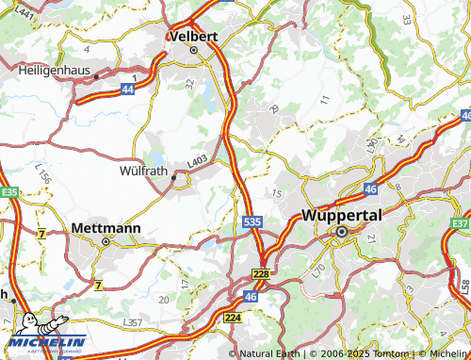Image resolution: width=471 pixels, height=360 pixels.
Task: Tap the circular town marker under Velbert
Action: pyautogui.click(x=194, y=51)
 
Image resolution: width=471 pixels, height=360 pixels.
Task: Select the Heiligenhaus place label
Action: pyautogui.click(x=58, y=69)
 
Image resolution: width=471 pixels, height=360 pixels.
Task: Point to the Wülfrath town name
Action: pyautogui.click(x=148, y=172)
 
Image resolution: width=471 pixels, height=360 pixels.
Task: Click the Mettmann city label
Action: pyautogui.click(x=106, y=228)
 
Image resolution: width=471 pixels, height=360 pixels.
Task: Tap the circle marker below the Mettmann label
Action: pyautogui.click(x=106, y=241)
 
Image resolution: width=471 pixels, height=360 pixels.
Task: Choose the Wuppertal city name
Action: pyautogui.click(x=342, y=215)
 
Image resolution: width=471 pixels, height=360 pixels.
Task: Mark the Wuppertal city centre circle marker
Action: pyautogui.click(x=342, y=230)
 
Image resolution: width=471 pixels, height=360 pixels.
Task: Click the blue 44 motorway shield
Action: pyautogui.click(x=127, y=87)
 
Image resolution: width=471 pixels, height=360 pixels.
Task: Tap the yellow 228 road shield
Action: pyautogui.click(x=262, y=273)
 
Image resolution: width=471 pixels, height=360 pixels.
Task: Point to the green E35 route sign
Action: pyautogui.click(x=9, y=191)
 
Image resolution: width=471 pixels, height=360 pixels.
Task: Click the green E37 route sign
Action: pyautogui.click(x=461, y=223)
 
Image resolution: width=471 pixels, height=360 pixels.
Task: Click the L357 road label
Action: pyautogui.click(x=134, y=322)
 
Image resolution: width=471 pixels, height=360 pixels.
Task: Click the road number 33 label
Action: pyautogui.click(x=407, y=19)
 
